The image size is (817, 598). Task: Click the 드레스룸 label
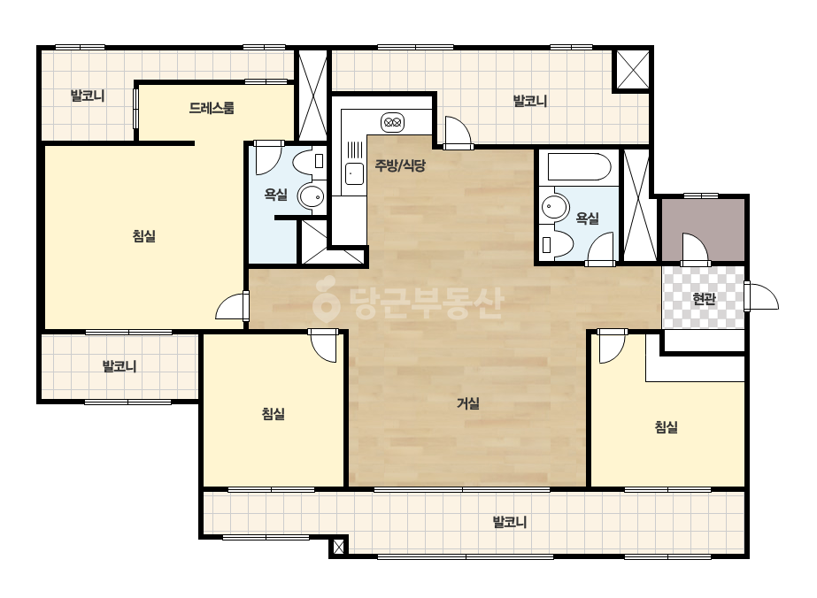tap(211, 108)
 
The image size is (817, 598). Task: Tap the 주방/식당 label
tap(400, 165)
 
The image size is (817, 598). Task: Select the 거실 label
tap(468, 402)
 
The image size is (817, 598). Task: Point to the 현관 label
tap(704, 298)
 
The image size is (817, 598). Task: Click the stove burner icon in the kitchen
tap(392, 123)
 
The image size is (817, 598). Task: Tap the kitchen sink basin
tap(355, 172)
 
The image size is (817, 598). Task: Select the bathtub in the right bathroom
tap(578, 166)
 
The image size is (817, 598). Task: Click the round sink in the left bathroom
tap(311, 197)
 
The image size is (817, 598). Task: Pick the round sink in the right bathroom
tap(554, 207)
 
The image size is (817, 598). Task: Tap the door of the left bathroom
tap(268, 157)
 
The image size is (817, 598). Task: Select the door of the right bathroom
tap(600, 249)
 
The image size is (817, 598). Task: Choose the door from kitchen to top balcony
tap(458, 133)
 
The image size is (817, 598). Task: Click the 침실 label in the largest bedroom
tap(143, 236)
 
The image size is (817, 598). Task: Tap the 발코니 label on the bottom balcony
tap(510, 521)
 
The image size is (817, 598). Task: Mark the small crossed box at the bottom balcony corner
tap(338, 547)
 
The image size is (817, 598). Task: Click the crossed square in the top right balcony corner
tap(633, 69)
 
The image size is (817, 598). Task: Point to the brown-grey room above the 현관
tap(703, 230)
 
